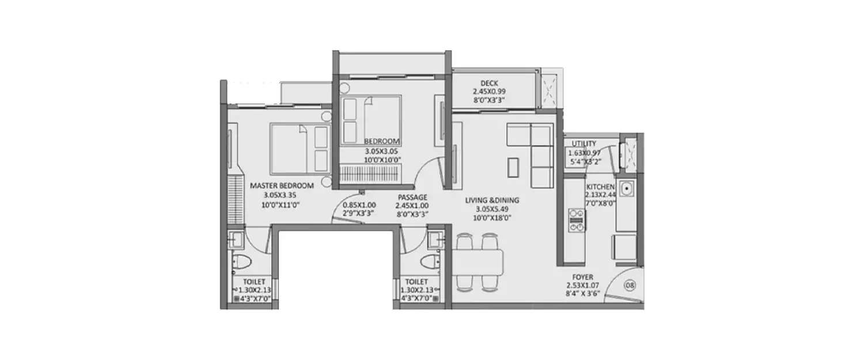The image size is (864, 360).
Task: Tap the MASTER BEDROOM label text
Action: click(282, 186)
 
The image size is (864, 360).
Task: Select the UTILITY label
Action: click(584, 144)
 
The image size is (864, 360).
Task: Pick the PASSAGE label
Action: click(412, 197)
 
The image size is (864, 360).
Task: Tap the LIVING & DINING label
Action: click(492, 200)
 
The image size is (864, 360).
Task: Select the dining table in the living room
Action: click(480, 262)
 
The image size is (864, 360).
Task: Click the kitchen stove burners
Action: click(576, 221)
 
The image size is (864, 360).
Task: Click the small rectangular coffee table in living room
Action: click(514, 166)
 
